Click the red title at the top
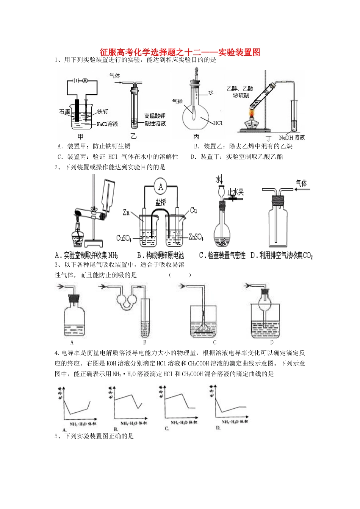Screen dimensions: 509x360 coord(180,53)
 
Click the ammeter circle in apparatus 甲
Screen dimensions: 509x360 coord(85,81)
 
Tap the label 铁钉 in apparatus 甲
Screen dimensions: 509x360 coord(102,111)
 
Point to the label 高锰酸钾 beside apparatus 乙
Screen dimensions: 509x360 coord(155,116)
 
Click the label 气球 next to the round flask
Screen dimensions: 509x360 coord(177,101)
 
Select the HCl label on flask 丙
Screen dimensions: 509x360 coord(218,123)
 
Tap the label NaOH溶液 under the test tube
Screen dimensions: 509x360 coord(292,137)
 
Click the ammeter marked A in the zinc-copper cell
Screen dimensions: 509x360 coord(161,187)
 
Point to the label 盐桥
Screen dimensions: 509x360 coord(161,202)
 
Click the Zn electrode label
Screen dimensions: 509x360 coord(126,212)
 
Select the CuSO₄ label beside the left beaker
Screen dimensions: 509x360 coord(124,238)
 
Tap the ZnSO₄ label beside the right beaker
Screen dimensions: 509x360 coord(196,237)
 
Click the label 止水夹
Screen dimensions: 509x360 coord(235,192)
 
